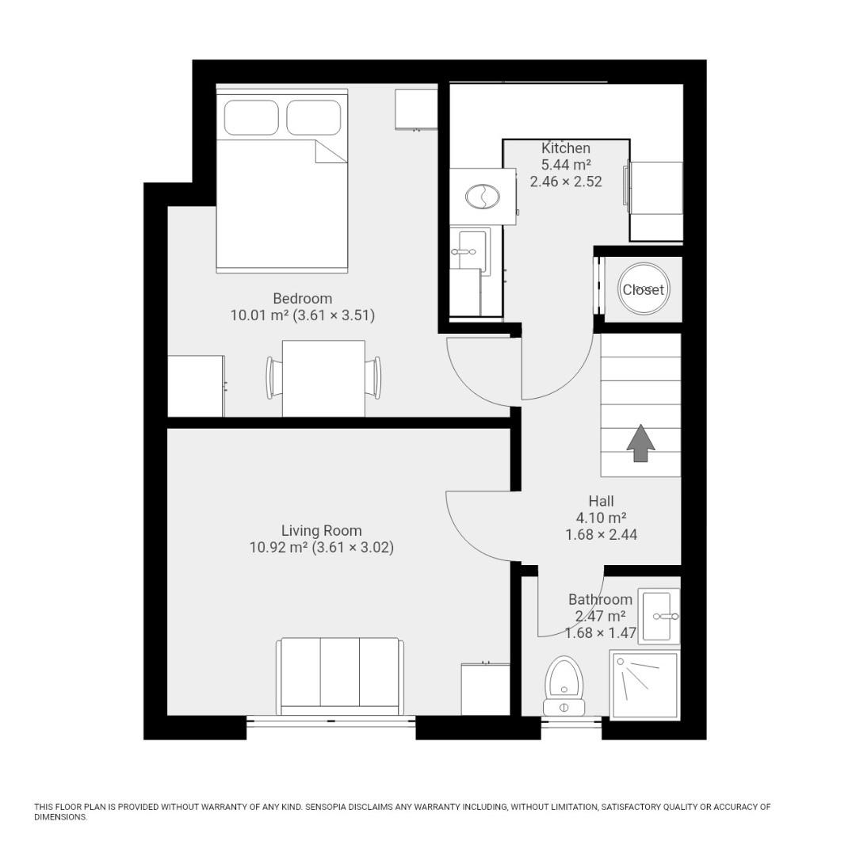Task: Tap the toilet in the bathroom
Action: (x=564, y=683)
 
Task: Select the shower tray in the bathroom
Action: (x=644, y=686)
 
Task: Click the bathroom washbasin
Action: (x=659, y=616)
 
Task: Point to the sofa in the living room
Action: (x=339, y=674)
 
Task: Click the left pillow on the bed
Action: (x=251, y=117)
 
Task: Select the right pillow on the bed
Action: (x=314, y=117)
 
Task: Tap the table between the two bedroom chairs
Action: (x=323, y=378)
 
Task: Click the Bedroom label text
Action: (x=302, y=299)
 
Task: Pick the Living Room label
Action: (x=321, y=531)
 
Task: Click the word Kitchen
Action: (x=566, y=148)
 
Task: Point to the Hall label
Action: (x=601, y=501)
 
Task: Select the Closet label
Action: (x=643, y=290)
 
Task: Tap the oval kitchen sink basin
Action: (x=482, y=196)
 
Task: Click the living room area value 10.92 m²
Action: (x=277, y=548)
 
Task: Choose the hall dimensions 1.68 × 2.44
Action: (x=601, y=535)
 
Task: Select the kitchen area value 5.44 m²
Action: (x=566, y=165)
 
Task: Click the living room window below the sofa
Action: (x=331, y=720)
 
